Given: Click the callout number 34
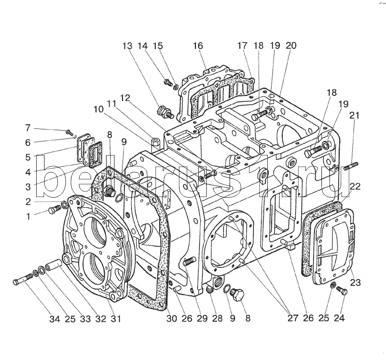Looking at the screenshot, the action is (55, 319).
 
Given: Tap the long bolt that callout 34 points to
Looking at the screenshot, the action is (22, 280).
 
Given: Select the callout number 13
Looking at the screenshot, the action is (127, 46).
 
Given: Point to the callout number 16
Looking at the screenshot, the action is (198, 46).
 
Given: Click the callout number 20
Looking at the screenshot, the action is (291, 45).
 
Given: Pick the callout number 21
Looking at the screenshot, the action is (354, 115).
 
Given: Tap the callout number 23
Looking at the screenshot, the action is (355, 282).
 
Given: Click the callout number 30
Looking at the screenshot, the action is (172, 319).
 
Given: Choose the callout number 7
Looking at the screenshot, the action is (28, 128).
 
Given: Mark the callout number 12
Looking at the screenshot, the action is (125, 98).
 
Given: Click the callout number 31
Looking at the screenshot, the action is (116, 319).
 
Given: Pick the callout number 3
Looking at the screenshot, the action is (28, 187).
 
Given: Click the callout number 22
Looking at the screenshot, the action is (355, 187).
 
